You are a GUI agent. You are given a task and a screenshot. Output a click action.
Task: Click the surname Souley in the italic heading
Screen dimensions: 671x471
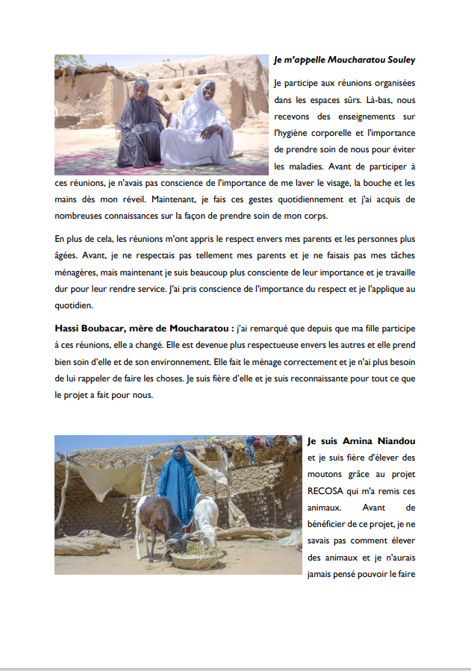(396, 60)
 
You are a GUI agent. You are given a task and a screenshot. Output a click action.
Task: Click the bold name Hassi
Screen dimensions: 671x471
(69, 328)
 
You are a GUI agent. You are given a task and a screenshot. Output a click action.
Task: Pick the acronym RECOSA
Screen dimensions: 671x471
(328, 491)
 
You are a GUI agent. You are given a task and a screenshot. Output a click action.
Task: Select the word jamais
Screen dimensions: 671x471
(323, 574)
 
